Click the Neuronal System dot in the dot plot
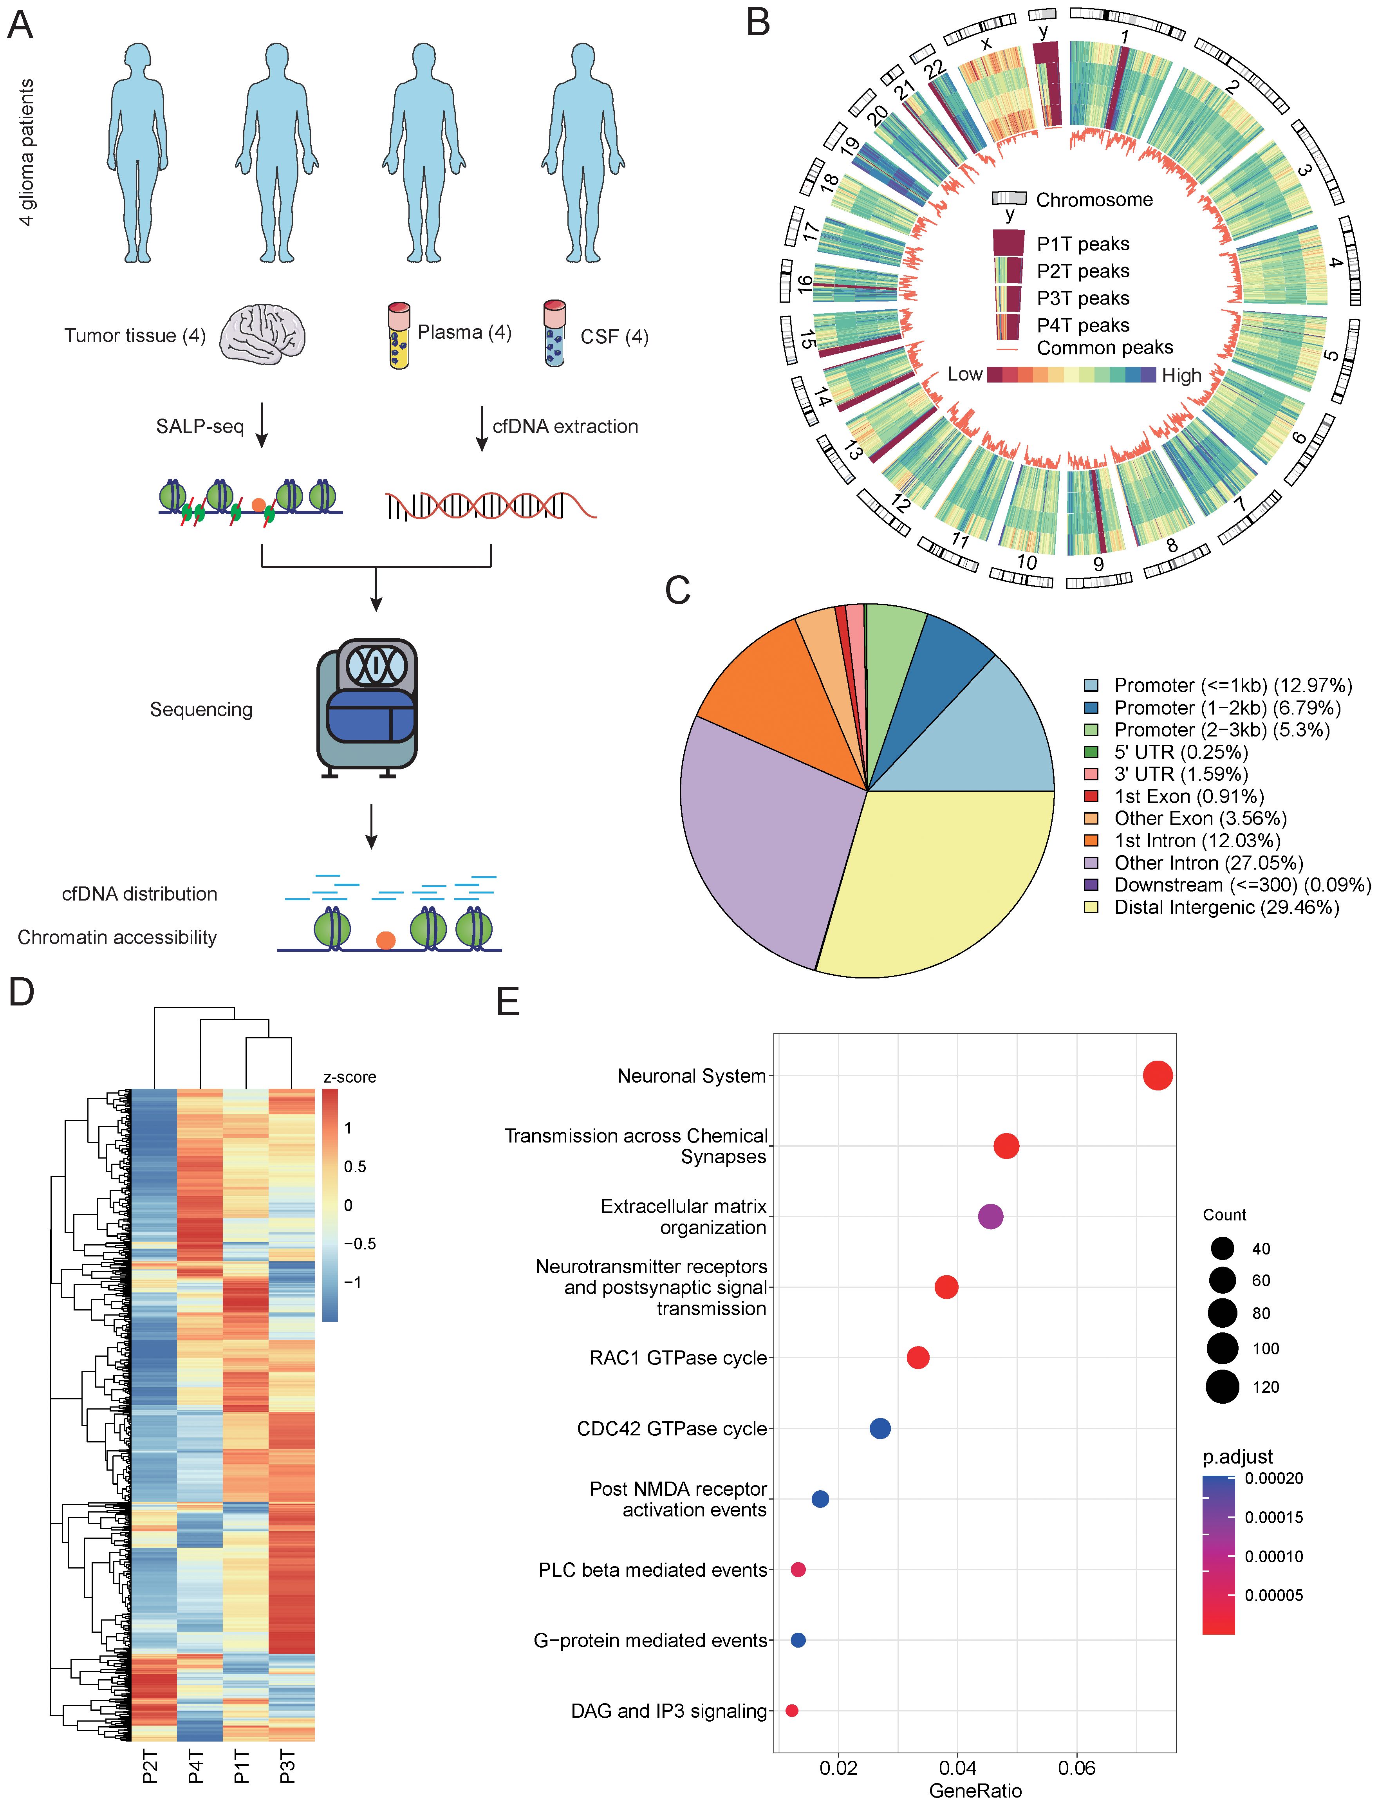point(1158,1075)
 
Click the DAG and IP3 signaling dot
point(791,1711)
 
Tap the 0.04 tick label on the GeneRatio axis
point(957,1767)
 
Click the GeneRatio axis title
point(975,1790)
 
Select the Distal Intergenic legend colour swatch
point(1091,907)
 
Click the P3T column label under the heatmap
point(288,1770)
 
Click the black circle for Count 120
point(1222,1387)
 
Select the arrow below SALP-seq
point(262,425)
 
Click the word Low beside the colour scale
point(964,375)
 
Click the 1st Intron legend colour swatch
point(1091,841)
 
